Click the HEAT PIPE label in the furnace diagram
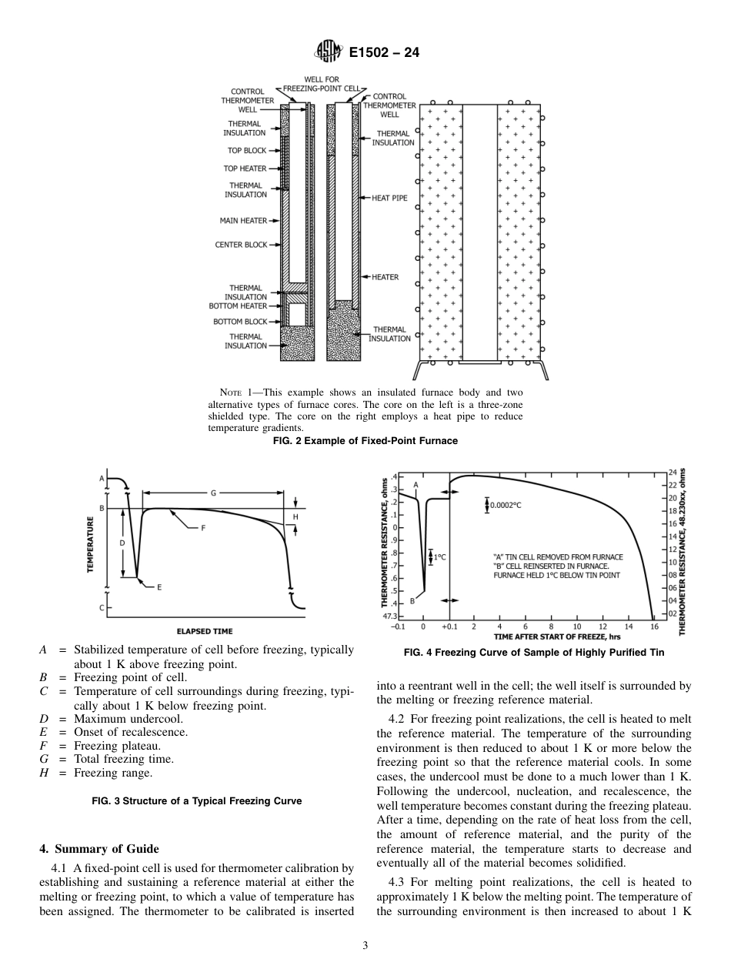tap(389, 198)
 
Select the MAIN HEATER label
tap(243, 221)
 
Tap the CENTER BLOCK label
tap(241, 245)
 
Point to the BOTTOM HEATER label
tap(239, 306)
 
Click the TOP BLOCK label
tap(245, 151)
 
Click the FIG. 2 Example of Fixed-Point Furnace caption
tap(365, 441)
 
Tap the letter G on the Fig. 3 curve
tap(213, 493)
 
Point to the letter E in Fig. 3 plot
tap(159, 587)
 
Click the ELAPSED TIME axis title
tap(205, 631)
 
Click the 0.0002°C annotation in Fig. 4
tap(508, 505)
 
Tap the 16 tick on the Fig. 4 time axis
tap(653, 626)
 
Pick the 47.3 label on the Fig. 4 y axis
tap(389, 616)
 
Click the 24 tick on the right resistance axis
tap(672, 472)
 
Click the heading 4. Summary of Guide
tap(99, 849)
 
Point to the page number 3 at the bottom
tap(365, 945)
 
